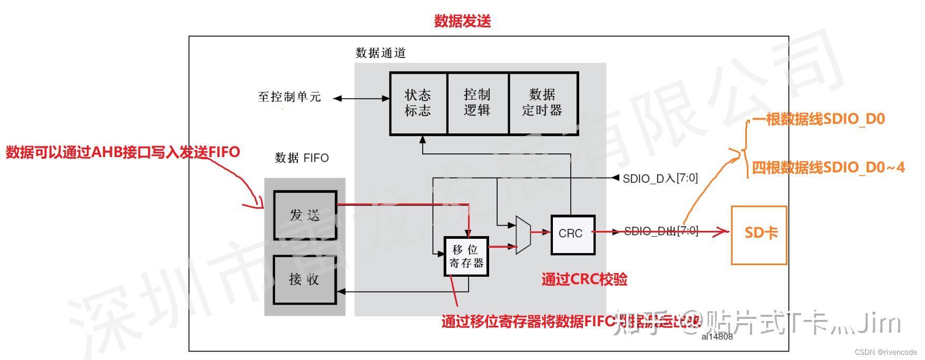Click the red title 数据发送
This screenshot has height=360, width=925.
pos(462,21)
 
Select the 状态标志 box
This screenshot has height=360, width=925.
pos(418,103)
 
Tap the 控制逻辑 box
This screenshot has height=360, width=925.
pos(477,103)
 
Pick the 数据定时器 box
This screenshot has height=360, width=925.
pos(543,103)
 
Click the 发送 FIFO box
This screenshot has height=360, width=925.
pos(305,215)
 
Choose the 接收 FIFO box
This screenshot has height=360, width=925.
pos(305,279)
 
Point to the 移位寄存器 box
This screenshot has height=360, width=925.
pos(466,256)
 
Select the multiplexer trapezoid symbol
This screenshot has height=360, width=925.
pos(522,235)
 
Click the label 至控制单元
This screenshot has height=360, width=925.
pos(289,97)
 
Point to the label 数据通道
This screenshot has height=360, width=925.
pos(381,53)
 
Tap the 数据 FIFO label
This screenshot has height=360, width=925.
pos(301,158)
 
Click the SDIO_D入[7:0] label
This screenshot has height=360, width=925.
pos(660,179)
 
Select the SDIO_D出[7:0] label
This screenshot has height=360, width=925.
pos(661,231)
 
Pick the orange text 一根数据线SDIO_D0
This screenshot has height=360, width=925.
pos(818,120)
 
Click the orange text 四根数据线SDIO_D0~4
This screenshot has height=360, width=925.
pos(827,168)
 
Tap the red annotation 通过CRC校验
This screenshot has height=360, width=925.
pos(585,279)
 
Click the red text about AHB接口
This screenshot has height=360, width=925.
pos(123,153)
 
